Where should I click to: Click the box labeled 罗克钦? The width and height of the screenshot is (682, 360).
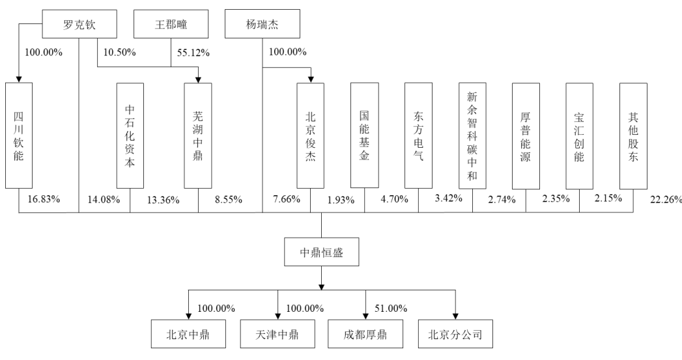click(79, 24)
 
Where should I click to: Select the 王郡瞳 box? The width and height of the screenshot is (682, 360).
click(171, 24)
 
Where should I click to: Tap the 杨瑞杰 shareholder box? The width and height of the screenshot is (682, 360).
click(263, 24)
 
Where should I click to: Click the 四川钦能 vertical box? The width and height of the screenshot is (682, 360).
click(19, 135)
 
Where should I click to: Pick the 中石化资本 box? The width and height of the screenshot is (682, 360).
click(130, 135)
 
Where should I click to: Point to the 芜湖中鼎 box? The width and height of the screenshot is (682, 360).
click(198, 135)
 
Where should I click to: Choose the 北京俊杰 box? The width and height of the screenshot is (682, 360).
click(311, 135)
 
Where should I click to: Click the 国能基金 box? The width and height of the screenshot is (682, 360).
click(365, 135)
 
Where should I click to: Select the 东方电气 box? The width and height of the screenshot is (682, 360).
click(418, 135)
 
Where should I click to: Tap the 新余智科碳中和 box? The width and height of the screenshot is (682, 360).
click(472, 135)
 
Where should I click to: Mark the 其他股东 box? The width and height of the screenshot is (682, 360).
click(633, 135)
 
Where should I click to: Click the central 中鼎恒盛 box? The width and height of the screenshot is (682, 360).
click(321, 252)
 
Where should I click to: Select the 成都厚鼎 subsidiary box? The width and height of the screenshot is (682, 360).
click(365, 334)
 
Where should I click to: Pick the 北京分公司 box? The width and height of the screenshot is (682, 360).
click(455, 334)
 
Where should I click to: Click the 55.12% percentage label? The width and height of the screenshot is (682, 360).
click(193, 53)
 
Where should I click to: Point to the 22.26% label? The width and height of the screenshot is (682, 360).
click(666, 200)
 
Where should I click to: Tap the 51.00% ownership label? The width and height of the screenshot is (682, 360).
click(391, 309)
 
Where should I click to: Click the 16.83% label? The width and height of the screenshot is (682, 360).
click(44, 199)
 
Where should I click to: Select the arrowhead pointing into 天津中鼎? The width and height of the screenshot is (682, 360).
click(278, 316)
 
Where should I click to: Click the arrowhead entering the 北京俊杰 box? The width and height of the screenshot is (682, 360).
click(311, 79)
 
